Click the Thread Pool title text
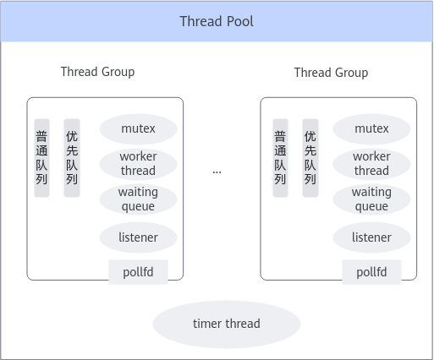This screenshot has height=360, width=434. click(217, 21)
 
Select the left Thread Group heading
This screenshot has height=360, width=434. click(97, 72)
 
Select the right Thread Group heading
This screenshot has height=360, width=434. click(331, 73)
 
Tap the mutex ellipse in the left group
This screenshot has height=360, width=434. click(138, 129)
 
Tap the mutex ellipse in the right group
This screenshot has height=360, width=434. click(371, 129)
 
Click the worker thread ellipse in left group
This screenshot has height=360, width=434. click(138, 164)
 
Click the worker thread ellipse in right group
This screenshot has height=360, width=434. click(371, 164)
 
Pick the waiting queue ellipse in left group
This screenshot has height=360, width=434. click(138, 199)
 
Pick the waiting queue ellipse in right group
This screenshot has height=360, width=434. click(371, 199)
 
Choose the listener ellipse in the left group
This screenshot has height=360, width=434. click(138, 237)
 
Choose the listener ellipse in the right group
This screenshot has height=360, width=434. click(371, 237)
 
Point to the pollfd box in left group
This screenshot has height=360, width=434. click(138, 272)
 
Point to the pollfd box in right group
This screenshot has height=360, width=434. click(371, 272)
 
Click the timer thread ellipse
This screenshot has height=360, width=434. click(227, 325)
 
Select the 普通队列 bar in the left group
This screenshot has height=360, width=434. click(41, 158)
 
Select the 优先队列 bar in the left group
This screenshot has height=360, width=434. click(72, 158)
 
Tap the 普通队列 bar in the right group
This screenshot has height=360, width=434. click(280, 158)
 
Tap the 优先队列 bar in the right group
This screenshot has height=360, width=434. click(310, 158)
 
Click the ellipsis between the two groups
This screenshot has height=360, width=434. click(217, 172)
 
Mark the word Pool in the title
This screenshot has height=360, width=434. click(240, 21)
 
